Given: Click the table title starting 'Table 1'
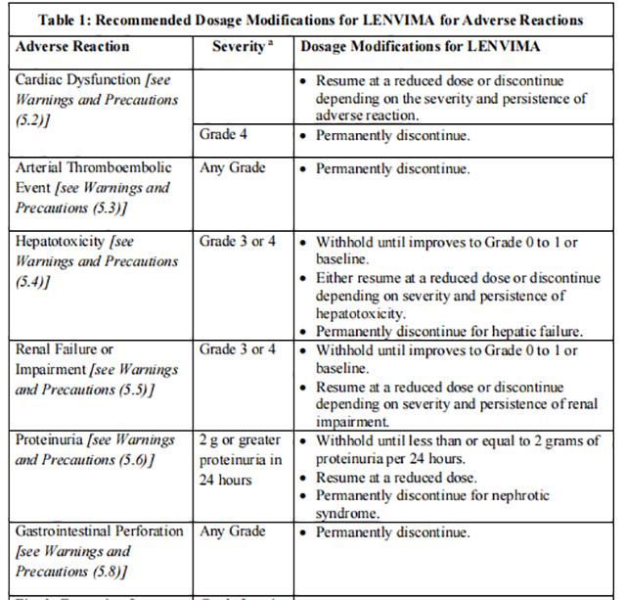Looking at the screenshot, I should click(311, 20).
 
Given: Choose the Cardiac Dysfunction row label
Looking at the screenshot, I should click(96, 99).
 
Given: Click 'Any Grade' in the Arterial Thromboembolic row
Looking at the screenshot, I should click(233, 168).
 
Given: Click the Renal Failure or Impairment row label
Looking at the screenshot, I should click(96, 370).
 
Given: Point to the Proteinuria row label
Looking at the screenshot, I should click(95, 450).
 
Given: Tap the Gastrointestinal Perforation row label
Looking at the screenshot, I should click(99, 551).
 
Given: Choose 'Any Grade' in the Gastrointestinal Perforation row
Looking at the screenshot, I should click(233, 532).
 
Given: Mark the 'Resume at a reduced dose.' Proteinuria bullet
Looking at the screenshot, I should click(395, 478).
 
